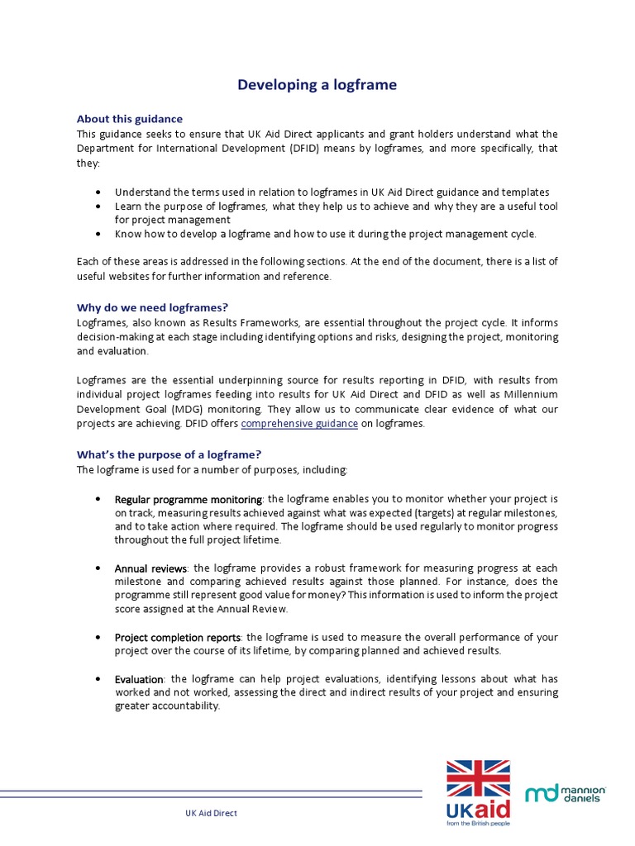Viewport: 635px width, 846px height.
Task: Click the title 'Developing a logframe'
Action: (317, 85)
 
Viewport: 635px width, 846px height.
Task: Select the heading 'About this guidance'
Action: (130, 119)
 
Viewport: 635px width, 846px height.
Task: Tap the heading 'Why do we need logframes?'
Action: (152, 307)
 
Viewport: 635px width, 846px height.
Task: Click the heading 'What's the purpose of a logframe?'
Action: (169, 454)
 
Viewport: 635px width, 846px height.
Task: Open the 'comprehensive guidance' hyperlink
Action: (299, 424)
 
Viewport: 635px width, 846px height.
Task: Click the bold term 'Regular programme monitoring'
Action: (188, 499)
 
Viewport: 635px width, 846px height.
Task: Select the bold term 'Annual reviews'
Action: (151, 568)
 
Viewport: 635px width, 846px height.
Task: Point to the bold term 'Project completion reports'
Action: (178, 638)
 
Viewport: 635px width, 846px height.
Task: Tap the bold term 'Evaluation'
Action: (140, 679)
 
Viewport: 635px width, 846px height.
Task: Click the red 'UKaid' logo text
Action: (479, 809)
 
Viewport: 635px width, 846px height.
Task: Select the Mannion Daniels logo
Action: (566, 795)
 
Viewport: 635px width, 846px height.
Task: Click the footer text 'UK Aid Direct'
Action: (211, 813)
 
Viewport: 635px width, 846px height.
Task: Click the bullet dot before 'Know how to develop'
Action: (98, 234)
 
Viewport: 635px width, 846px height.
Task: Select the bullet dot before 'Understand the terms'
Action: (98, 192)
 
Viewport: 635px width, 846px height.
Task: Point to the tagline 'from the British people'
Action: (479, 824)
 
